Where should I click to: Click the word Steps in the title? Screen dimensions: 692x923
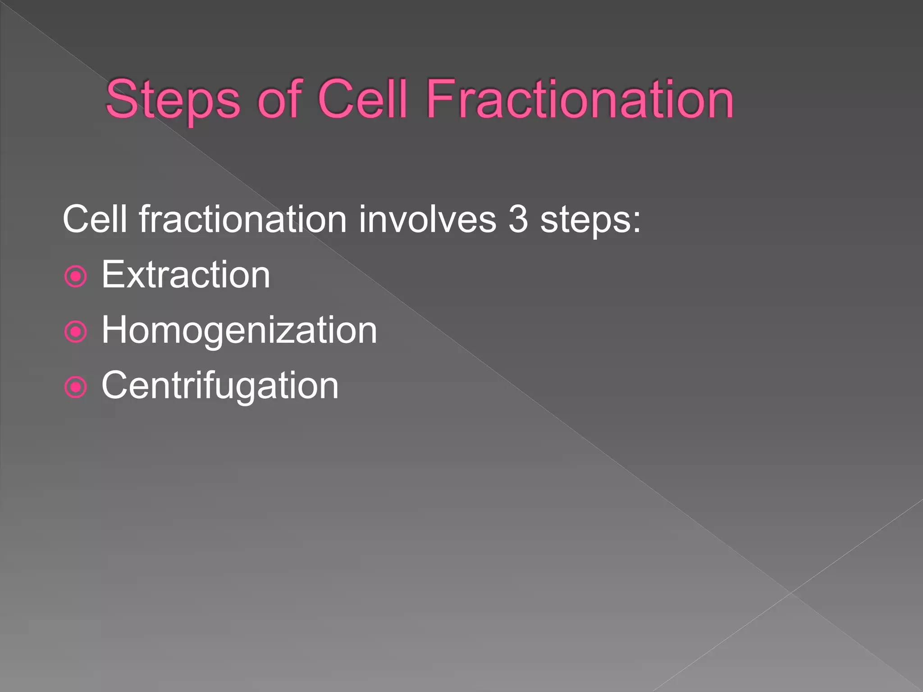pos(173,100)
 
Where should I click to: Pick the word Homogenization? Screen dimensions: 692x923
pos(239,331)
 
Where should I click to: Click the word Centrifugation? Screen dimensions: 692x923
pos(220,386)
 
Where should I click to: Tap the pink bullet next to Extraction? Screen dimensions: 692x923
pos(76,276)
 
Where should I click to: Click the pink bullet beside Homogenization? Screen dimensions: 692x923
pos(76,332)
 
